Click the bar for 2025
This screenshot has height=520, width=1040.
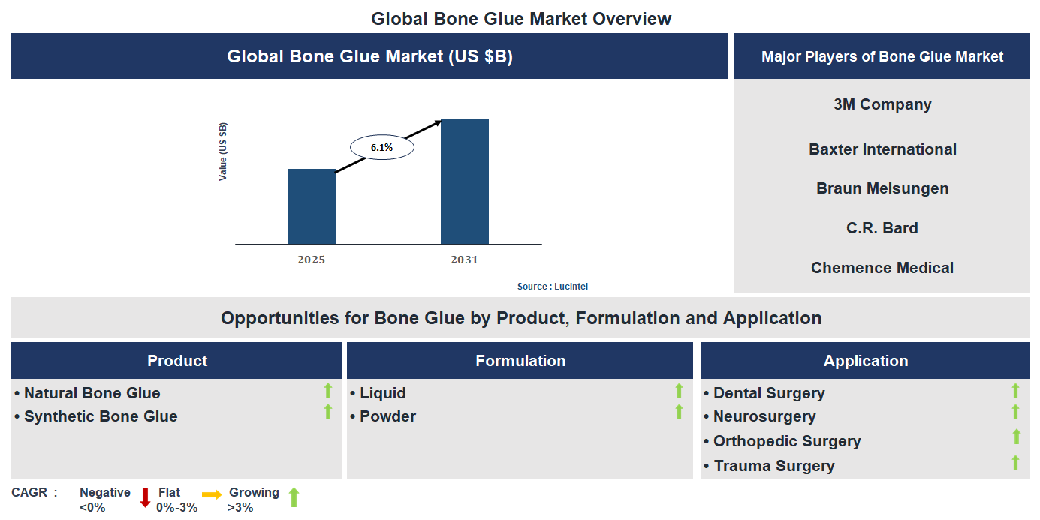click(312, 206)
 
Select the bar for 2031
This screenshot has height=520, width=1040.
click(464, 181)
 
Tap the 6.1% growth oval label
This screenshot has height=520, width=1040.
click(381, 148)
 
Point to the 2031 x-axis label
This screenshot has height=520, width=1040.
click(464, 260)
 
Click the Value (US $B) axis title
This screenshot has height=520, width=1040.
click(223, 151)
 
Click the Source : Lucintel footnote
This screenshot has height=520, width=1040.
click(557, 287)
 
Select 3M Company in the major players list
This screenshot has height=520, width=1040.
click(882, 104)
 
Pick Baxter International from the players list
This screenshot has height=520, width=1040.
click(882, 149)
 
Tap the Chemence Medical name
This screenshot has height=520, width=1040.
click(882, 268)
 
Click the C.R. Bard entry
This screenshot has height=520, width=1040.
click(882, 228)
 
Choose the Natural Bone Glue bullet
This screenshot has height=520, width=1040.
click(92, 393)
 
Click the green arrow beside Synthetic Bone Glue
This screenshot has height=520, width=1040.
click(327, 412)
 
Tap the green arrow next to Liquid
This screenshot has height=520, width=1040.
click(679, 391)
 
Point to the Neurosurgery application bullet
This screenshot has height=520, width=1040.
click(764, 416)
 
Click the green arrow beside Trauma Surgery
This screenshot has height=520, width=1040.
click(1015, 463)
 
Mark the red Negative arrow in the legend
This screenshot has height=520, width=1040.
click(146, 497)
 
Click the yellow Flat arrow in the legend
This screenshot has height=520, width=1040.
click(212, 494)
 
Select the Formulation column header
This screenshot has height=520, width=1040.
click(520, 361)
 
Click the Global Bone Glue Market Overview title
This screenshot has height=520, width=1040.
click(521, 18)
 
